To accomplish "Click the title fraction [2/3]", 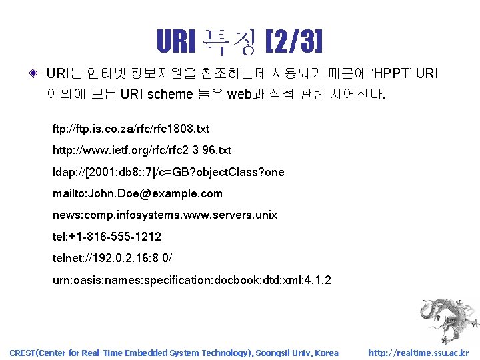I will tap(294, 41).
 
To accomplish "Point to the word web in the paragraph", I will tap(239, 94).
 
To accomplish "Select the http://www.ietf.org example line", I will tap(142, 150).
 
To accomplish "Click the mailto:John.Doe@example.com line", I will tap(137, 193).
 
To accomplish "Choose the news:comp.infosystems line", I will tap(165, 215).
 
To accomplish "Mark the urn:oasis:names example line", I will tap(191, 280).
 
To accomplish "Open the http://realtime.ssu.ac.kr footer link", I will tap(418, 353).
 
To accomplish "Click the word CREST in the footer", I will tap(24, 353).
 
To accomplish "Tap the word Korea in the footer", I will tap(326, 353).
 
